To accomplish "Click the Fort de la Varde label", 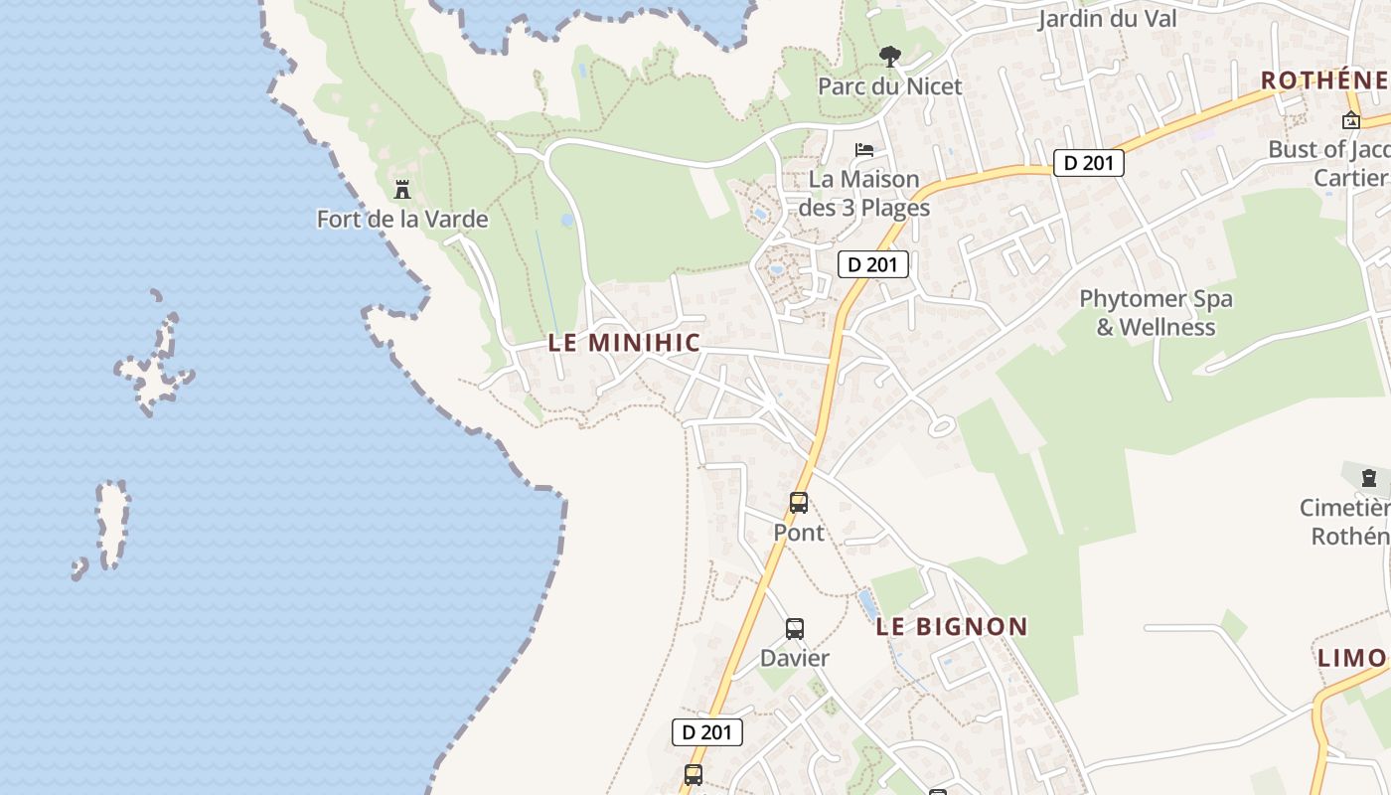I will click(x=402, y=219).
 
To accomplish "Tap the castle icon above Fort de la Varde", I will click(x=402, y=189).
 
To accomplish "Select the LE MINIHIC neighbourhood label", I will click(x=624, y=343).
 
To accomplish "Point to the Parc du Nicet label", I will click(x=889, y=86).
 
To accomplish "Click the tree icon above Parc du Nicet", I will click(x=890, y=56).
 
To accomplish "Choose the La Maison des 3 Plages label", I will click(x=863, y=194).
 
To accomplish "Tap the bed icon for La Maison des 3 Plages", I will click(x=864, y=150).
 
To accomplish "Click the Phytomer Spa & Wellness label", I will click(x=1156, y=312).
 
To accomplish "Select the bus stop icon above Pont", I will click(x=799, y=503).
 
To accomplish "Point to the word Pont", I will click(x=799, y=533).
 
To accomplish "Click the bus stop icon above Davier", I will click(x=794, y=628).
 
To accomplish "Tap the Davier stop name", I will click(x=794, y=658).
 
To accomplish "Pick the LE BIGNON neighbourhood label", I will click(x=952, y=626).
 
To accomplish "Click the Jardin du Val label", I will click(x=1107, y=19).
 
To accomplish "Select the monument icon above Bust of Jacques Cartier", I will click(x=1350, y=121).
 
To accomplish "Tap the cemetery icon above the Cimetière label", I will click(x=1369, y=479).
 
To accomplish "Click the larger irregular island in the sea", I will click(x=154, y=363).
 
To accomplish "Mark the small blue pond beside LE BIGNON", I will click(x=866, y=604).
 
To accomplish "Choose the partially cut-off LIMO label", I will click(x=1351, y=658).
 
